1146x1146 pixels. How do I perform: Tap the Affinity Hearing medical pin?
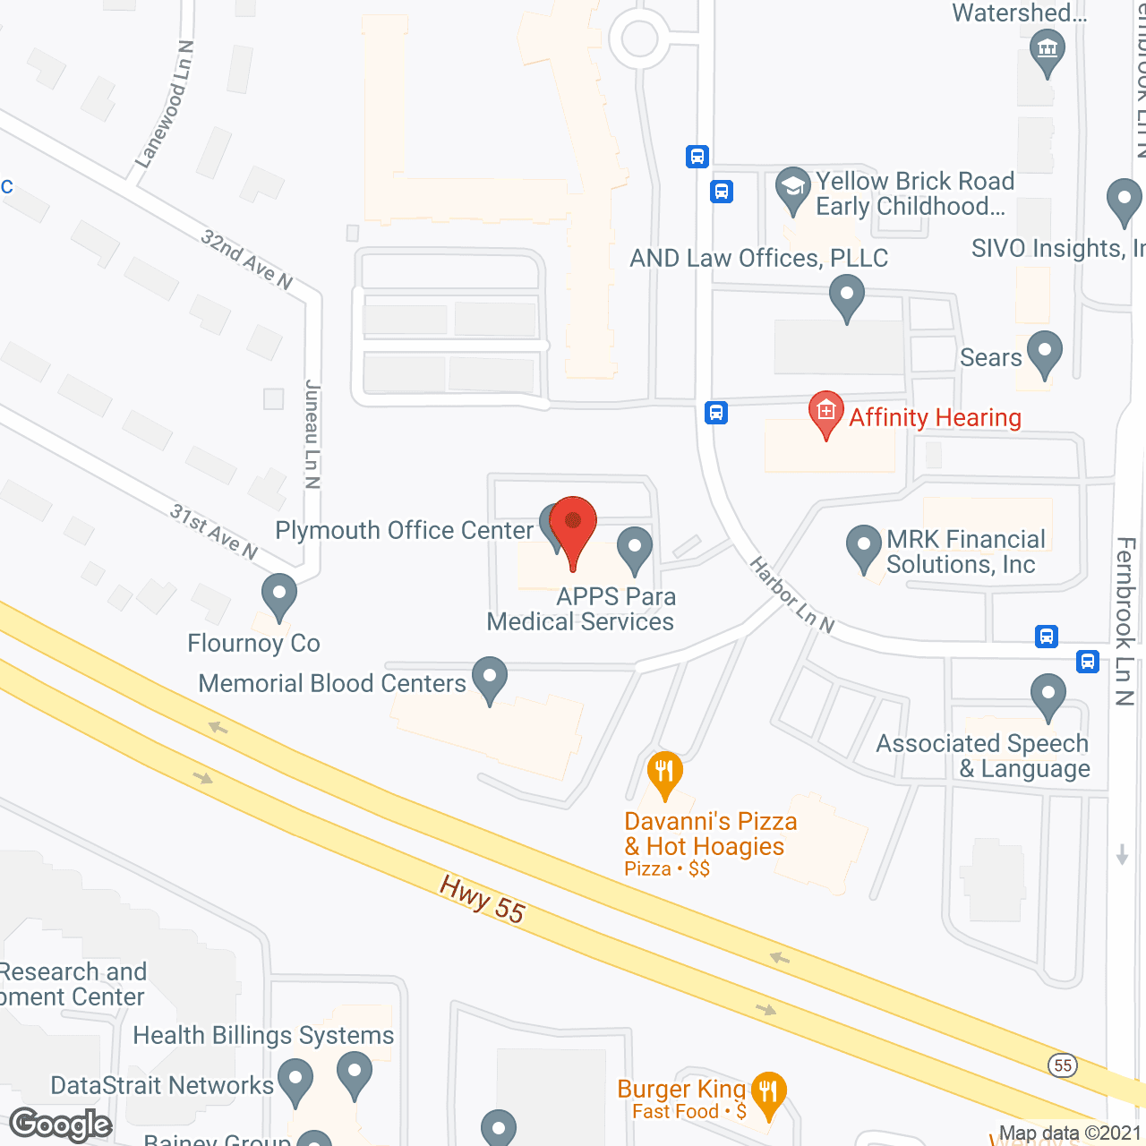tap(825, 413)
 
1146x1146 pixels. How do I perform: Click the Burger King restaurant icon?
tap(768, 1092)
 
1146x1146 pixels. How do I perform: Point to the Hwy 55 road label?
tap(482, 899)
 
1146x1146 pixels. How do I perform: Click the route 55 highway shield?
tap(1063, 1065)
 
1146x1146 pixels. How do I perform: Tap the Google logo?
tap(61, 1125)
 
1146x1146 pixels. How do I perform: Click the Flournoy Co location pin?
tap(278, 594)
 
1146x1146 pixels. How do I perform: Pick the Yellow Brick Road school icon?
tap(792, 189)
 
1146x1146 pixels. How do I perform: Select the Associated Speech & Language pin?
tap(1048, 695)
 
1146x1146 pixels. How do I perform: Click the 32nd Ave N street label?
tap(246, 260)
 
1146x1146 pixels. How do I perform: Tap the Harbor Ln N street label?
tap(791, 595)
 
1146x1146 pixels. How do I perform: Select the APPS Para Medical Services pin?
tap(635, 548)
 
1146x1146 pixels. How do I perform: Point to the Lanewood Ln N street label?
tap(165, 104)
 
